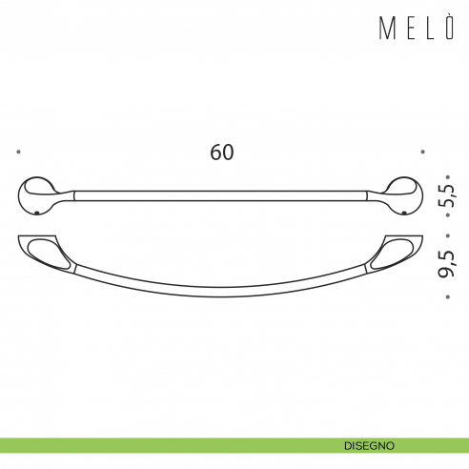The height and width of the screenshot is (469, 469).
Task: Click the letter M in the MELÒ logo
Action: [388, 29]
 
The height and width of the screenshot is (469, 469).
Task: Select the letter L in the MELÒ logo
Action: [430, 29]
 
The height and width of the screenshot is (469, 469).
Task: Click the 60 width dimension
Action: [222, 152]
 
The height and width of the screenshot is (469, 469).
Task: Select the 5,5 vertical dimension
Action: [446, 194]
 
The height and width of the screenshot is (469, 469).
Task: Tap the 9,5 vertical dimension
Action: [446, 263]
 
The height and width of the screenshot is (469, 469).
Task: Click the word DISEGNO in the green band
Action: [372, 445]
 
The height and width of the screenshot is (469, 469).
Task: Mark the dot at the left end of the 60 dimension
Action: [20, 151]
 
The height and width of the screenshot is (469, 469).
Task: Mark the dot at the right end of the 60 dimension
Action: [423, 151]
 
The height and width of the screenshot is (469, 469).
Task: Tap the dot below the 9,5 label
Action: [445, 297]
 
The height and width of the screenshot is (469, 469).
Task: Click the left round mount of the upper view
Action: [37, 194]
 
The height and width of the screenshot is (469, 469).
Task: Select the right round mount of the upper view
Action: [405, 194]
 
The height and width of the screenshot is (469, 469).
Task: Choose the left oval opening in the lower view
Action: [48, 252]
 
